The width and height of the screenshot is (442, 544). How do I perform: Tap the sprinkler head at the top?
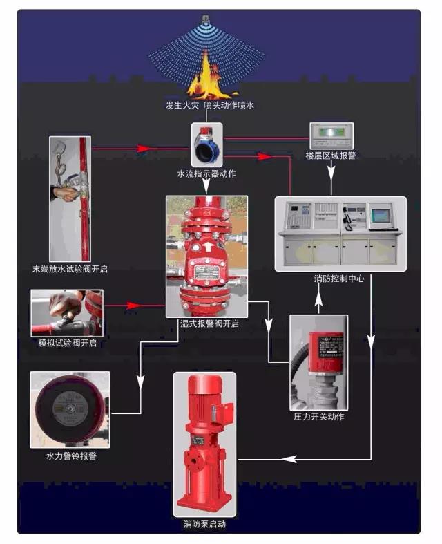click(x=206, y=19)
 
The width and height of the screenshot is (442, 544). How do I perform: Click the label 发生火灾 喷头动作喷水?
click(x=205, y=106)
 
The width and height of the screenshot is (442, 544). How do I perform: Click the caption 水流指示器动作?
click(x=206, y=173)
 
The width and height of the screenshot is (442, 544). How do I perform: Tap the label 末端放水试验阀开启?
click(x=70, y=268)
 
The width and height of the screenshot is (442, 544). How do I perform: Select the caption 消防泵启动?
click(x=204, y=524)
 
